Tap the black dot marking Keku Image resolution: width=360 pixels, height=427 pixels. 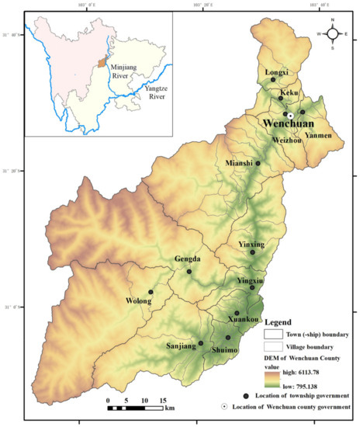tap(281, 98)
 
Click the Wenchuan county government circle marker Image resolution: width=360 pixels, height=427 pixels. tap(290, 114)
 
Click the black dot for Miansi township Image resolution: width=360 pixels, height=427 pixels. tap(258, 163)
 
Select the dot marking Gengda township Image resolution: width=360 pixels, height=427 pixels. tap(189, 271)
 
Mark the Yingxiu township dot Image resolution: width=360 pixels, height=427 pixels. tap(252, 288)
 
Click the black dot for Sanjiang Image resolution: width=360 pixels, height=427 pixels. tap(201, 343)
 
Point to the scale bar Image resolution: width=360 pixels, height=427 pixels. tap(136, 407)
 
